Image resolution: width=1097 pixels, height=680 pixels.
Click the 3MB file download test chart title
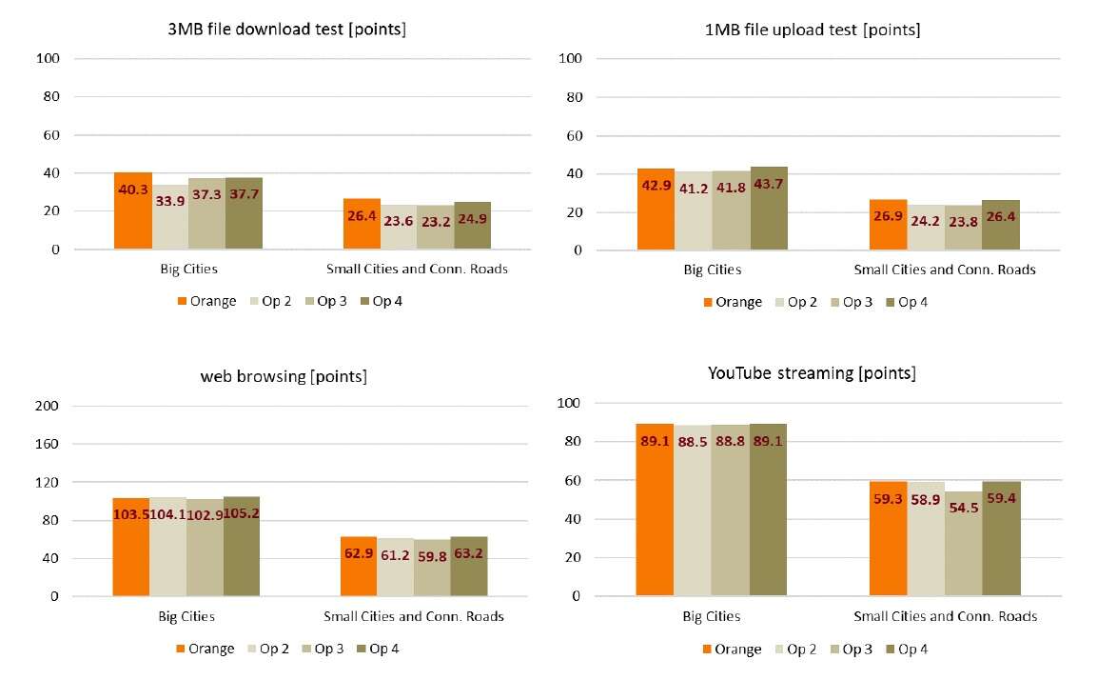(286, 30)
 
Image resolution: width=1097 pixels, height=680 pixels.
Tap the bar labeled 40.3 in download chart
(133, 211)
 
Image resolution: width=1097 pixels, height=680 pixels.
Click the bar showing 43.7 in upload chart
(769, 209)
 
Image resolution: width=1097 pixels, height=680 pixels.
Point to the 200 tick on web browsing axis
(48, 406)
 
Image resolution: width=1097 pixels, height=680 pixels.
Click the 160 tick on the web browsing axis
(48, 444)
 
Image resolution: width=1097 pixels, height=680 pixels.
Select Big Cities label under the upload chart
(712, 270)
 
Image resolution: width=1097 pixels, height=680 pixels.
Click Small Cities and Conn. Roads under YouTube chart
(945, 616)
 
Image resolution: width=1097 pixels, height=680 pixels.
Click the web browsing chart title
(284, 376)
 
